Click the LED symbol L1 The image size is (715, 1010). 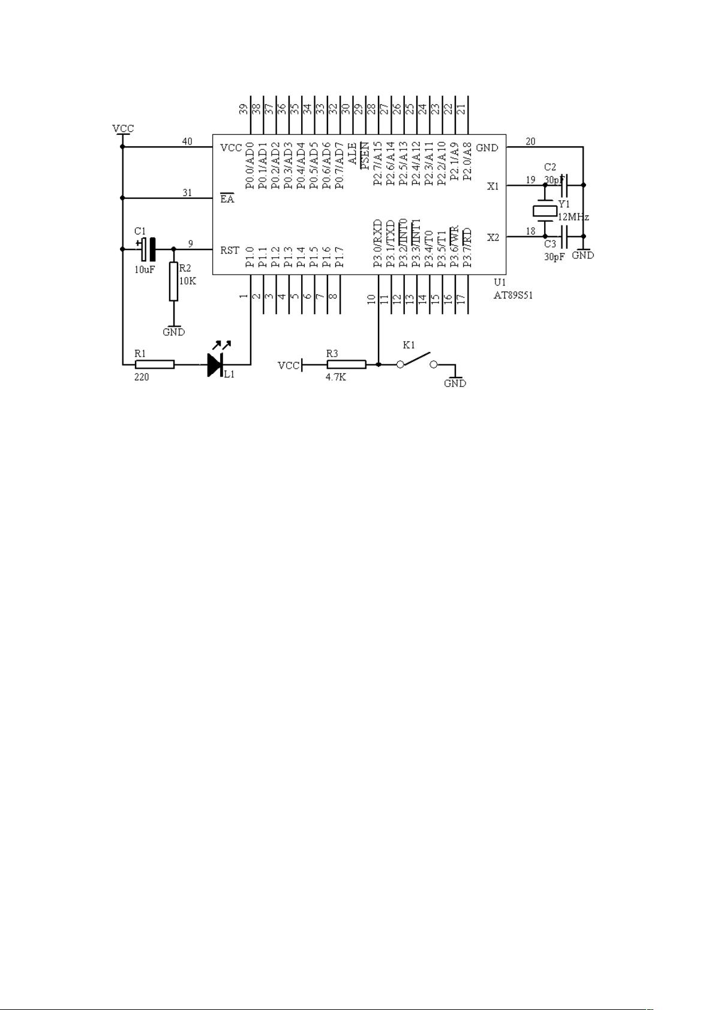[215, 364]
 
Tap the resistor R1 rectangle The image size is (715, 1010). [155, 364]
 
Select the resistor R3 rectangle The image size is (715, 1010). [347, 364]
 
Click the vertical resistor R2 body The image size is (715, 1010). [174, 282]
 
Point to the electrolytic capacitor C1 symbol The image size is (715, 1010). [146, 249]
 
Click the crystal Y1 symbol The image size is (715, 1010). [545, 210]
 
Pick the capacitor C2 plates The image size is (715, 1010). [563, 185]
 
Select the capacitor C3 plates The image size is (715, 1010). [563, 236]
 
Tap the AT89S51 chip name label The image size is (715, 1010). [513, 296]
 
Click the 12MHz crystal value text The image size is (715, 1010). [573, 217]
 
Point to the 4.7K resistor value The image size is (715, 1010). [336, 378]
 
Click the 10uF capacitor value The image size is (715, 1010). [145, 270]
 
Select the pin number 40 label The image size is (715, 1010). [187, 141]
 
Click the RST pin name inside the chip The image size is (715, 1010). [230, 250]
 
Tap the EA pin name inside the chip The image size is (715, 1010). [227, 198]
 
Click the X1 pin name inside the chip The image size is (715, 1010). [493, 186]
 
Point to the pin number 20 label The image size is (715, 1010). [530, 141]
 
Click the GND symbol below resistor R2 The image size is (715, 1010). [174, 330]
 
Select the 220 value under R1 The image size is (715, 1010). [142, 377]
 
